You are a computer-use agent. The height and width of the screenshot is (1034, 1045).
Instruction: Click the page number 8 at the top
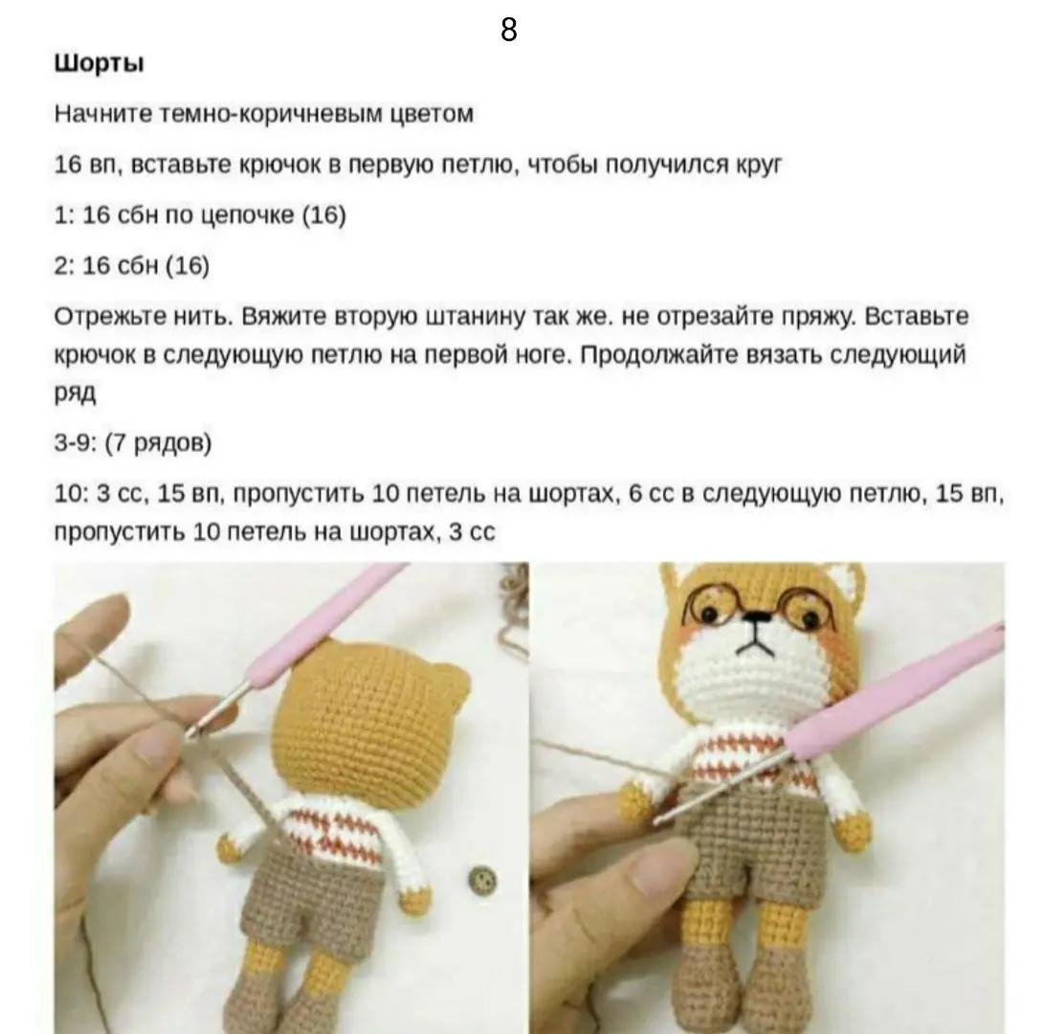point(508,31)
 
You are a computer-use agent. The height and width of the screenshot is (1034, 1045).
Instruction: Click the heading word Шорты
point(100,64)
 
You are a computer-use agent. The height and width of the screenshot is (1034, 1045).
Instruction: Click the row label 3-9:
point(76,443)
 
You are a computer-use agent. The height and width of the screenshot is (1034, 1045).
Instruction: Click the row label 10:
point(70,494)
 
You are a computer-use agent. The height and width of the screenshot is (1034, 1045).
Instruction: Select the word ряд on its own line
point(76,393)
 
